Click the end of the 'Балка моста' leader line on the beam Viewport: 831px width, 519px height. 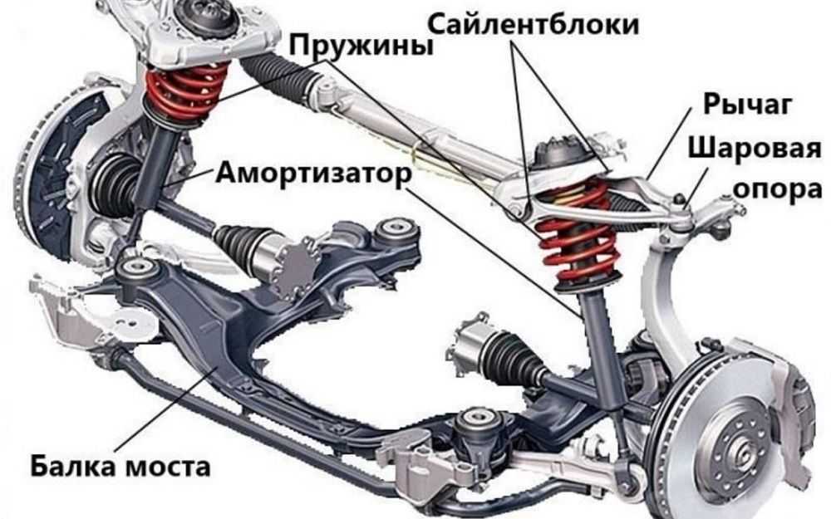click(x=216, y=367)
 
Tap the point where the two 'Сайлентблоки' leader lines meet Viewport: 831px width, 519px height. click(x=513, y=42)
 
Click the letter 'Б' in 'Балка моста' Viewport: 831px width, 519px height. click(x=41, y=467)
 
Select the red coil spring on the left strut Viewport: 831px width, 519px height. click(x=186, y=90)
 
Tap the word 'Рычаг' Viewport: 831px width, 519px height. click(x=747, y=104)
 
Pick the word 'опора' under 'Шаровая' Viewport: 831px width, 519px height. click(x=777, y=189)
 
